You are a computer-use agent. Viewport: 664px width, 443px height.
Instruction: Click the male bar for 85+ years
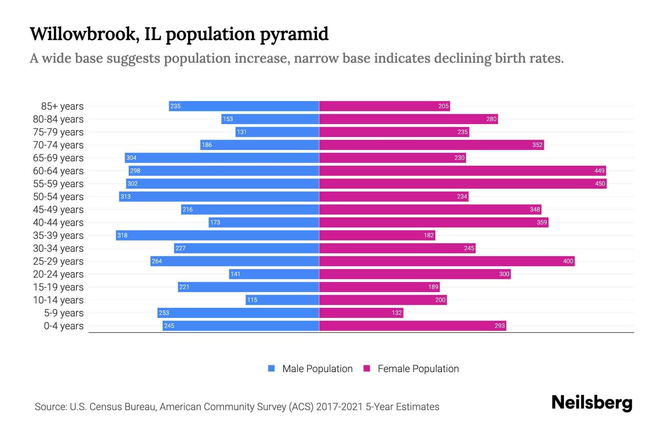coord(244,106)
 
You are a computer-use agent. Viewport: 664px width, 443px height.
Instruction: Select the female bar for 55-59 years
coord(463,183)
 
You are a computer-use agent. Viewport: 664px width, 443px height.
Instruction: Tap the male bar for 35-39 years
coord(217,235)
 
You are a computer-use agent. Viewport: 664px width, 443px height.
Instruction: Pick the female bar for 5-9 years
coord(361,313)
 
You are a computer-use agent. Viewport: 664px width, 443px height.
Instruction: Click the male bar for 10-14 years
coord(282,300)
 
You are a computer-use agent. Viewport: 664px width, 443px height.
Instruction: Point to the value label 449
coord(599,171)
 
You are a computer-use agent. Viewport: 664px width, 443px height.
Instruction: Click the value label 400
coord(568,261)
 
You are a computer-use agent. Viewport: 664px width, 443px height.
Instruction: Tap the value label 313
coord(125,196)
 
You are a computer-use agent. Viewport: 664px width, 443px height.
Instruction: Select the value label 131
coord(242,132)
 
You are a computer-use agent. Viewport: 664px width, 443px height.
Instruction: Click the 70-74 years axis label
coord(58,145)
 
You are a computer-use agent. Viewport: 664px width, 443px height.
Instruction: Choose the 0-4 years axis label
coord(63,326)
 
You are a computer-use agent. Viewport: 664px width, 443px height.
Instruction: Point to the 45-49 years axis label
coord(58,210)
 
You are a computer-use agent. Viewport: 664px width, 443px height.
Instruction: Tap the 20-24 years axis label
coord(58,274)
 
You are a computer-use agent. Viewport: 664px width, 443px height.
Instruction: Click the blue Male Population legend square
coord(272,368)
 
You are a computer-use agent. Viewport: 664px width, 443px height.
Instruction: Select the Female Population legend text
coord(418,368)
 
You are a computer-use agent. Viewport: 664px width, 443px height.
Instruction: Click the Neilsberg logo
coord(592,403)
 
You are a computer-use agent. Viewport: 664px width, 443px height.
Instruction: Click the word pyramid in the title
coord(294,34)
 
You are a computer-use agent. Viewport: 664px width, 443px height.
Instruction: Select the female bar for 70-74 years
coord(431,145)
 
